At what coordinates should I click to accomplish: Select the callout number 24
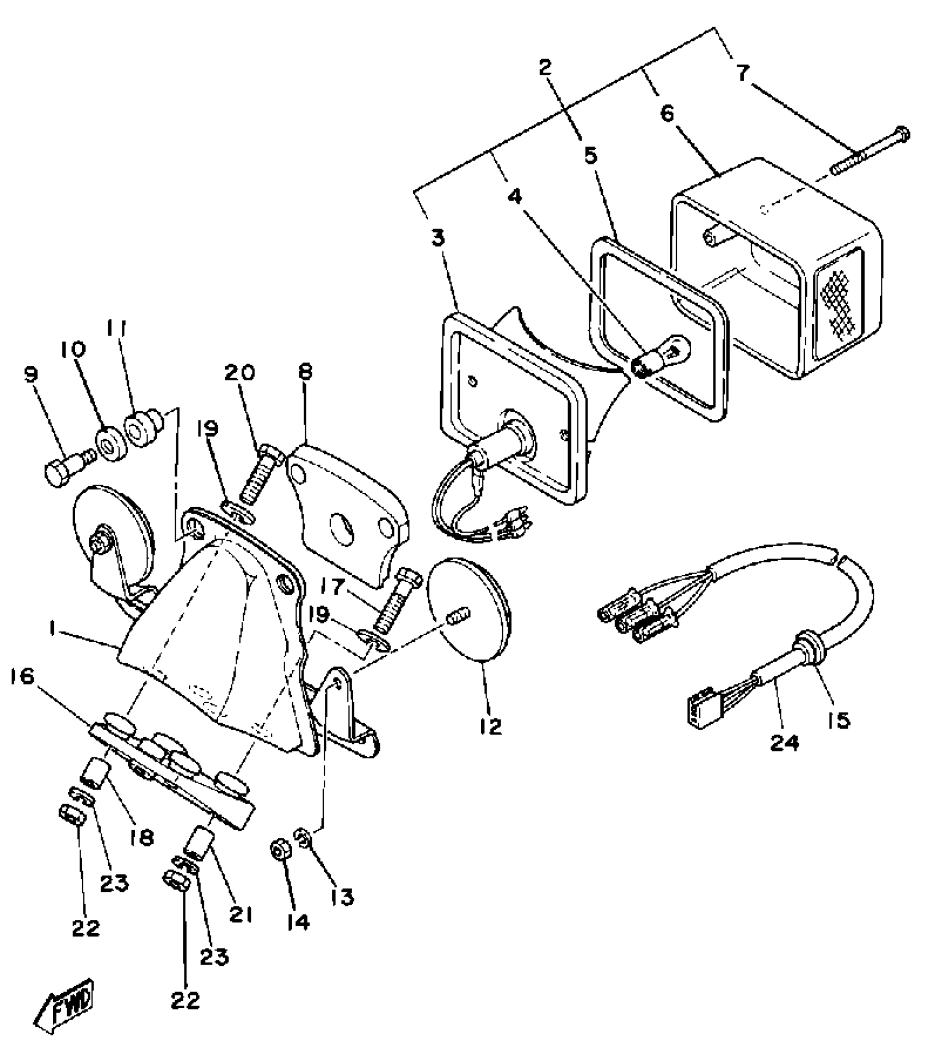point(784,742)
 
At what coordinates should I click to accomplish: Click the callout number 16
point(22,677)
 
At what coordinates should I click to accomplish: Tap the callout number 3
point(438,238)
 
